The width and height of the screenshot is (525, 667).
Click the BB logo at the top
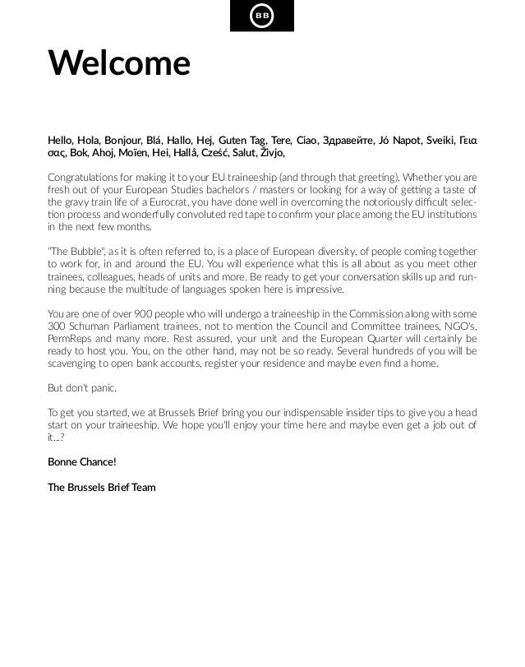(x=261, y=16)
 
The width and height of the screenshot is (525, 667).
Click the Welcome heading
(x=118, y=63)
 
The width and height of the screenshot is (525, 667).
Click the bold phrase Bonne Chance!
(x=82, y=462)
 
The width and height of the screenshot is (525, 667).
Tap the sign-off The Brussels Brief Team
(x=101, y=487)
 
